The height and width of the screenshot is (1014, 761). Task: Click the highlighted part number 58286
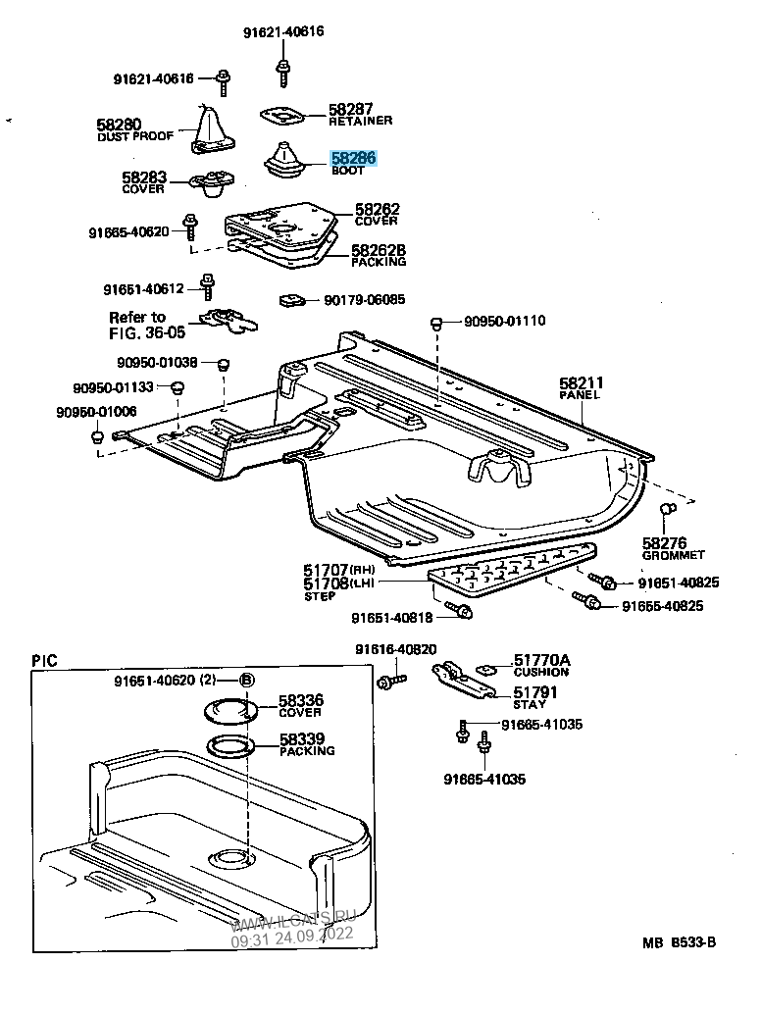353,157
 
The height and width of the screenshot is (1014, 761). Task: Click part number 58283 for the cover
144,178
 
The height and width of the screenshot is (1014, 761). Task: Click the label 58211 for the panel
582,382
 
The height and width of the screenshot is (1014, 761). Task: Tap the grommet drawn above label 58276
666,510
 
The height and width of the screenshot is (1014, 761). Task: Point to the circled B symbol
247,681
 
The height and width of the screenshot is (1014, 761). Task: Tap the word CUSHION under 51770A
541,673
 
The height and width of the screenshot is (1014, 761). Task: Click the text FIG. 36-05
147,332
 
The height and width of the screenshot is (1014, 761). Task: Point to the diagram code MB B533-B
680,943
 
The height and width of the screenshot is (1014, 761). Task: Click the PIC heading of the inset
44,661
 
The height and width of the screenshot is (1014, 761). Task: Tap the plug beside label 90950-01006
98,434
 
